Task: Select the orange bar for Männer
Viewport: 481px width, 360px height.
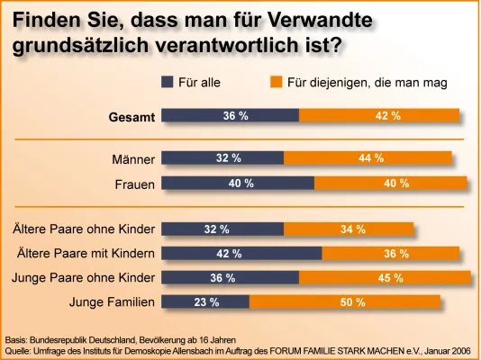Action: pyautogui.click(x=368, y=158)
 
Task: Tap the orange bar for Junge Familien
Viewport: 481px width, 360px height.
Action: pyautogui.click(x=344, y=301)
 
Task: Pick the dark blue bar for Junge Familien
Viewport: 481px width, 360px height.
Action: pyautogui.click(x=204, y=301)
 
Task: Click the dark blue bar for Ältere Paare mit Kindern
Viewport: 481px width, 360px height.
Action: pyautogui.click(x=240, y=253)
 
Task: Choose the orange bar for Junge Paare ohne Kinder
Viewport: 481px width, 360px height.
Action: pyautogui.click(x=385, y=277)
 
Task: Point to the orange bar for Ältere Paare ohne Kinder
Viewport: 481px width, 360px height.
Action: pyautogui.click(x=349, y=229)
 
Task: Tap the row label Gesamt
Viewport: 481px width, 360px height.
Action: pyautogui.click(x=132, y=116)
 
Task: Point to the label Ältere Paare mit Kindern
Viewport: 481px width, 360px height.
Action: pyautogui.click(x=87, y=253)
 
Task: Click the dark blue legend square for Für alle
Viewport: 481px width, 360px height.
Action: pyautogui.click(x=167, y=82)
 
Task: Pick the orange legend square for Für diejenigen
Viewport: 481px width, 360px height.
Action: pyautogui.click(x=277, y=82)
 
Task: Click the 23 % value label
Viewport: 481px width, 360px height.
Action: pyautogui.click(x=206, y=301)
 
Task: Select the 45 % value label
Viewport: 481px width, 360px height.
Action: pyautogui.click(x=390, y=277)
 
